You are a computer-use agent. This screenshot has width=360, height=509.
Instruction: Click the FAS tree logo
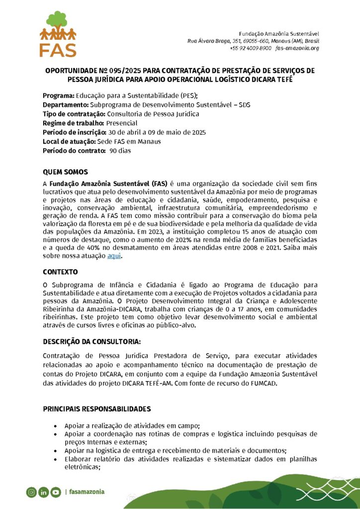pos(58,33)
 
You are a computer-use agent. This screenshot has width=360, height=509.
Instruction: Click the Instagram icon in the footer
pos(31,492)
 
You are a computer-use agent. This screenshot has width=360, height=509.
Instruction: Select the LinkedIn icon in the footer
pos(43,492)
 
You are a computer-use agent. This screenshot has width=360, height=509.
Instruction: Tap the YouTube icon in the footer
pos(55,492)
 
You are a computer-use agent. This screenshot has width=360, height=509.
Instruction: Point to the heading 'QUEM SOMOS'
pos(65,172)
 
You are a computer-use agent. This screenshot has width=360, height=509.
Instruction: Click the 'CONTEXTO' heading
pos(60,272)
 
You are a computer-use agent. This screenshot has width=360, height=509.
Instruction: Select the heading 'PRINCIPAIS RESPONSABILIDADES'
pos(96,409)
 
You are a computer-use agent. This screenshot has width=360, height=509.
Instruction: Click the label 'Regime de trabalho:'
pos(74,123)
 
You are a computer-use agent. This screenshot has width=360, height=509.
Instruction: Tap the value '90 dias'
pos(120,151)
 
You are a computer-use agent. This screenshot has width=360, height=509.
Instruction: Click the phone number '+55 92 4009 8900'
pos(251,48)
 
